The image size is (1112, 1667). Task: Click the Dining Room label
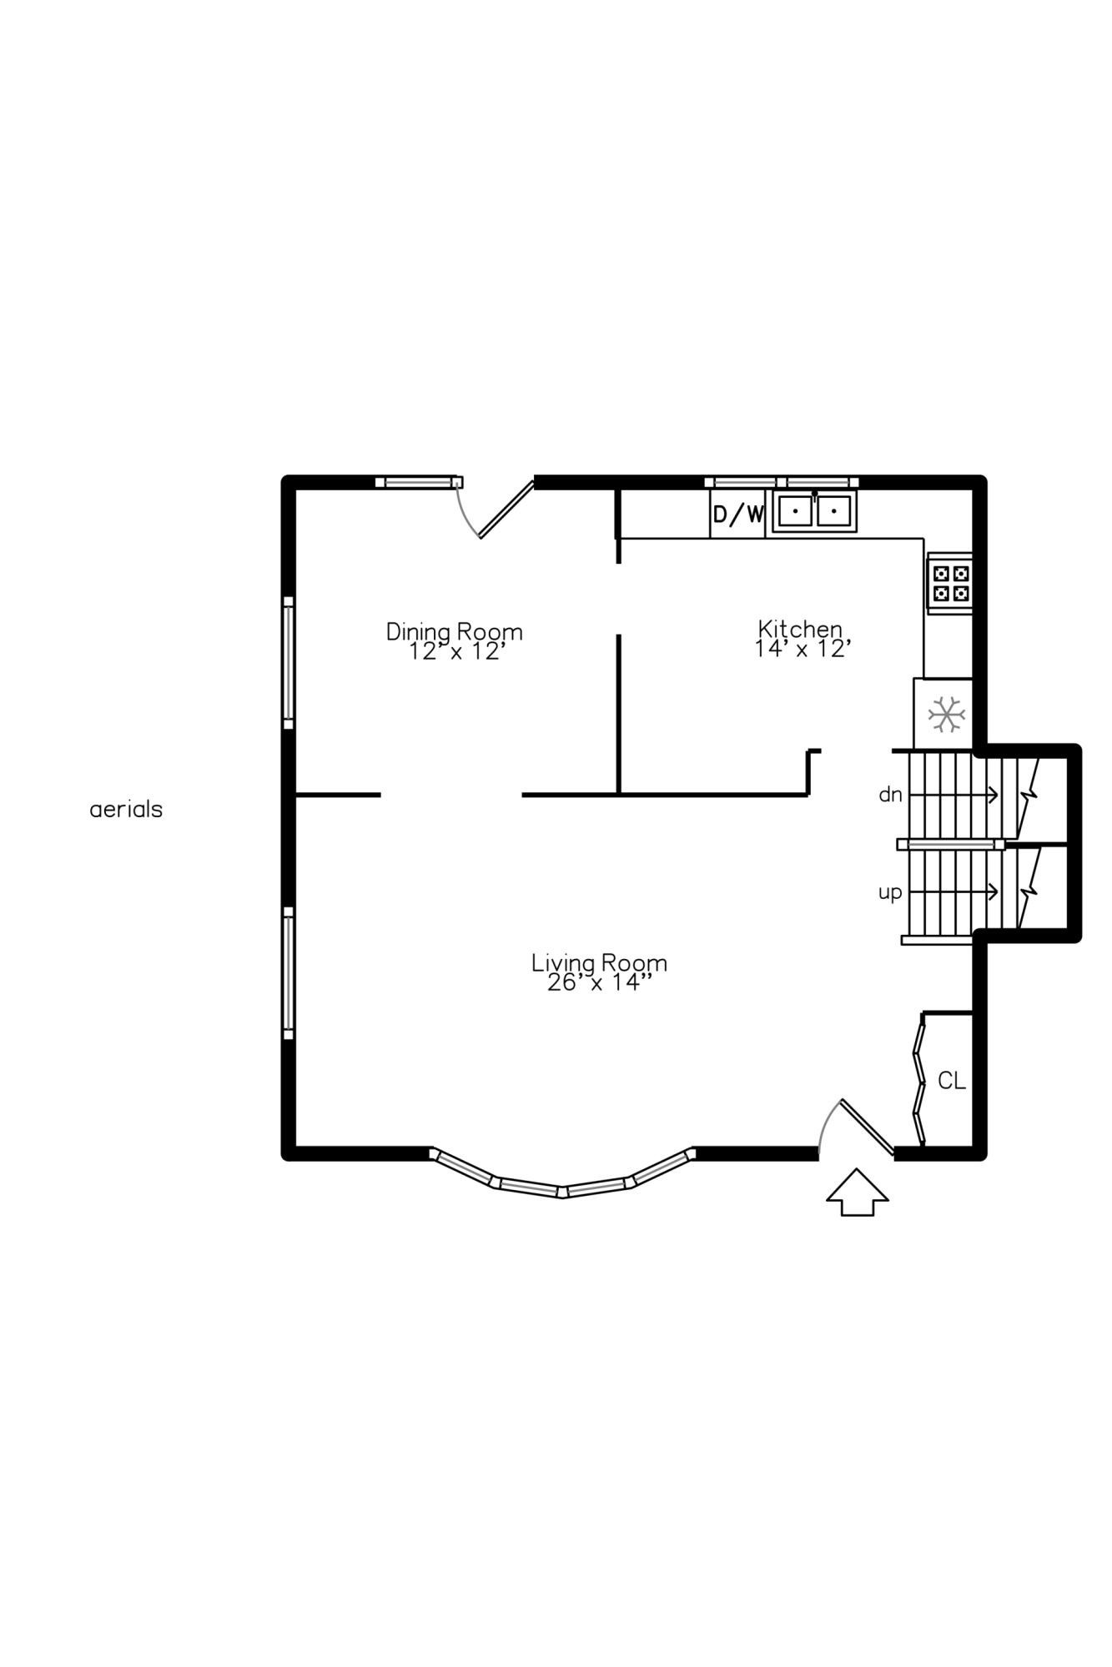(x=454, y=632)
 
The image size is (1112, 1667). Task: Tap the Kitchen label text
(x=800, y=629)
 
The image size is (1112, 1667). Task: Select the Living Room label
(x=599, y=963)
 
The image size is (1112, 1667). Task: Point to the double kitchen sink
(x=814, y=510)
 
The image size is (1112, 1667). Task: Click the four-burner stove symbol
(x=951, y=583)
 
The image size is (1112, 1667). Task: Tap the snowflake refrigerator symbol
(x=947, y=715)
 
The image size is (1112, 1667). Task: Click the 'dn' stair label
(x=890, y=795)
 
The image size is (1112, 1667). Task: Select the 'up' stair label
(x=890, y=893)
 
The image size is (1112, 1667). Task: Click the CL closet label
(x=952, y=1081)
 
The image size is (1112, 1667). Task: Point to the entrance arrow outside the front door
(x=858, y=1193)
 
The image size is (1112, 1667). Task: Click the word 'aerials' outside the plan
(x=126, y=809)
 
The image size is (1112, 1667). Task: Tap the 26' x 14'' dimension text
(x=598, y=983)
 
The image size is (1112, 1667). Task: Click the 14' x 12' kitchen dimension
(x=803, y=649)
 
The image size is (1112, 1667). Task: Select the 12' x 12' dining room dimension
(x=457, y=652)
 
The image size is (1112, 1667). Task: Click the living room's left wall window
(x=289, y=973)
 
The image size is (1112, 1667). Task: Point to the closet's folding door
(x=919, y=1080)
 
